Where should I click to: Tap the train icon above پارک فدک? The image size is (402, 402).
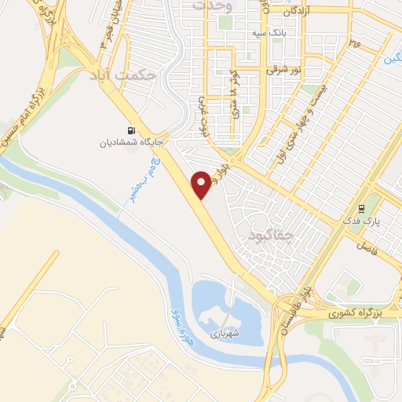361,209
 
